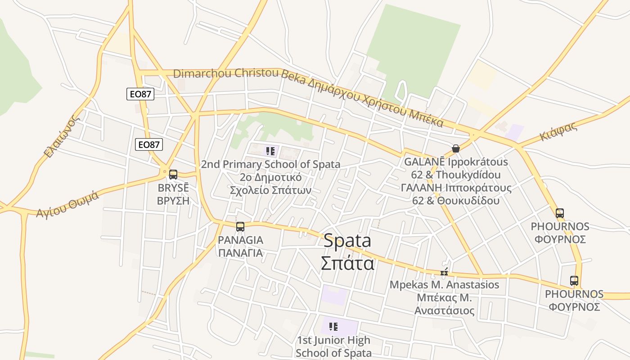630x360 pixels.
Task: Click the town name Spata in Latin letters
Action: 347,241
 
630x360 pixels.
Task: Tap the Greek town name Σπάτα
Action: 347,263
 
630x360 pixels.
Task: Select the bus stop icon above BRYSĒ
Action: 173,175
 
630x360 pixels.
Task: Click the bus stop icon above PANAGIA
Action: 240,226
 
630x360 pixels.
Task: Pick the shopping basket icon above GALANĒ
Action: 456,148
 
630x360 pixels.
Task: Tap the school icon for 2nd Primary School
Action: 270,151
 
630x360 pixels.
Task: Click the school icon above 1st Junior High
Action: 333,327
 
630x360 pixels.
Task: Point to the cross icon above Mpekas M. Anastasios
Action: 444,272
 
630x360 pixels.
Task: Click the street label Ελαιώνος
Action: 62,136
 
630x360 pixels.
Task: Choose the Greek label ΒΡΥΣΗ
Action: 173,201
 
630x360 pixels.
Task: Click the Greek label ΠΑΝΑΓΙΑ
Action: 240,252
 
